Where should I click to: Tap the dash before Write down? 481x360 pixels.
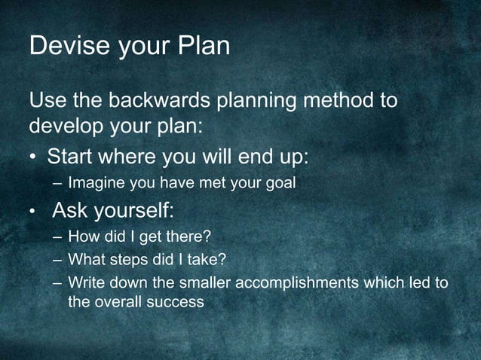tap(57, 283)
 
